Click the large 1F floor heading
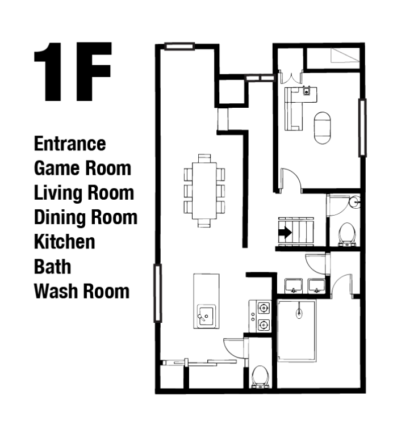tap(73, 71)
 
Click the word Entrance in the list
tap(70, 144)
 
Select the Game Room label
tap(82, 168)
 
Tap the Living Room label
tap(84, 193)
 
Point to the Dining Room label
tap(86, 217)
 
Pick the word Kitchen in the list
tap(65, 242)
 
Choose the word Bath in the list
tap(53, 267)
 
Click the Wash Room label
tap(82, 291)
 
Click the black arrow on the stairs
tap(286, 232)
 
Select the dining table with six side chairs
tap(204, 191)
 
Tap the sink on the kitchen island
tap(206, 316)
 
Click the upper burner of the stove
tap(264, 308)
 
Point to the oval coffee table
tap(322, 128)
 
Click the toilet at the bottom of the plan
tap(260, 377)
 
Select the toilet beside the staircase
tap(347, 234)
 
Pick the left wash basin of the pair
tap(294, 286)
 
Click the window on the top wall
tap(179, 46)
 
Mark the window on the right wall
tap(362, 128)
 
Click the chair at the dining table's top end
tap(204, 158)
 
